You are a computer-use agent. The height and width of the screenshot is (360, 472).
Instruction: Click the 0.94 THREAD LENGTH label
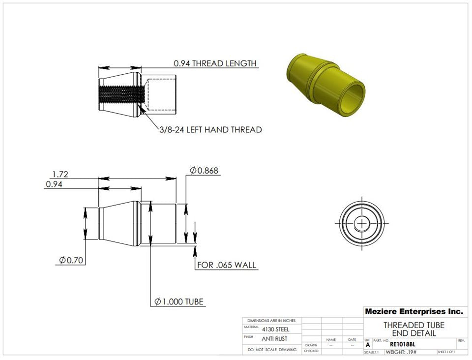point(215,63)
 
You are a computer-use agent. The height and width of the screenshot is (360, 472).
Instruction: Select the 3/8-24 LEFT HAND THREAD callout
point(210,130)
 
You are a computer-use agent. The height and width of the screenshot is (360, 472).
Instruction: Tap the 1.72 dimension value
point(60,174)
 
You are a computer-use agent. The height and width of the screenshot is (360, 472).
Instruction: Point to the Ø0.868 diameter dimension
point(204,171)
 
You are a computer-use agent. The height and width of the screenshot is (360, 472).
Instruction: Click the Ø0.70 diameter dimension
point(71,260)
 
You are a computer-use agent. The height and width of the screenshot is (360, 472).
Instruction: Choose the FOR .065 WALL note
point(227,265)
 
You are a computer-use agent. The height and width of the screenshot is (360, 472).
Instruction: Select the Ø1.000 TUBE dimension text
point(179,301)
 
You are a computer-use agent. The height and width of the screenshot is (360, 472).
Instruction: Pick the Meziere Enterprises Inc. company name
point(413,311)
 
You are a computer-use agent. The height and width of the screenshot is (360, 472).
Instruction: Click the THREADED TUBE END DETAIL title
point(413,329)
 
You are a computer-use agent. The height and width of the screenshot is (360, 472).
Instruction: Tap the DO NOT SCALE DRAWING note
point(272,350)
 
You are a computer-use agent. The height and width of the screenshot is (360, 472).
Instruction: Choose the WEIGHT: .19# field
point(401,352)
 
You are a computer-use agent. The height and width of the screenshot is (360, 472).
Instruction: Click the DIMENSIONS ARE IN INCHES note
point(271,320)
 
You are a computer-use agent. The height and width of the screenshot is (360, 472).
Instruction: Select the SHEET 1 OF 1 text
point(446,352)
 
